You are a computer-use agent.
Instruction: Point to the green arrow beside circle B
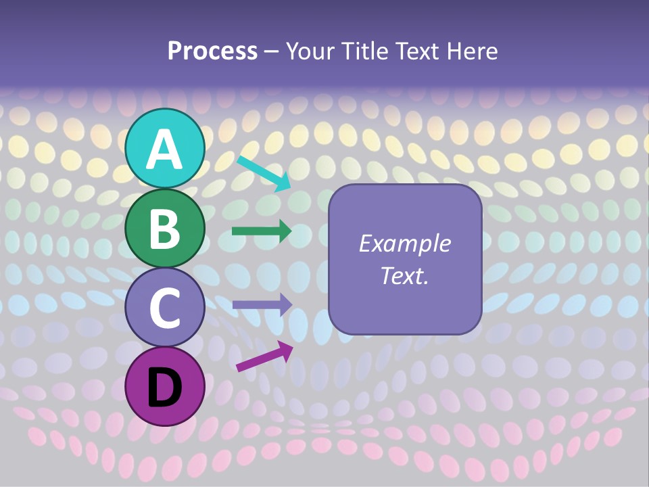pos(262,231)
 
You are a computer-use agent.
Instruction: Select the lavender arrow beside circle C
pos(262,304)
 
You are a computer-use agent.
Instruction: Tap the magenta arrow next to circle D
pos(264,356)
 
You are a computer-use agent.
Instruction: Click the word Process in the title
pos(212,51)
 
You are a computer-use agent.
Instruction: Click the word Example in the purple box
pos(404,243)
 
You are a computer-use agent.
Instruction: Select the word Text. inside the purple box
pos(404,275)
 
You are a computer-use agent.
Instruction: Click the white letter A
pos(165,149)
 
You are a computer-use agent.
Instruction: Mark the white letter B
pos(165,228)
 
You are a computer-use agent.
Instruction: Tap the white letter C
pos(165,308)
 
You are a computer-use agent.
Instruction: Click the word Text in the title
pos(416,51)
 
